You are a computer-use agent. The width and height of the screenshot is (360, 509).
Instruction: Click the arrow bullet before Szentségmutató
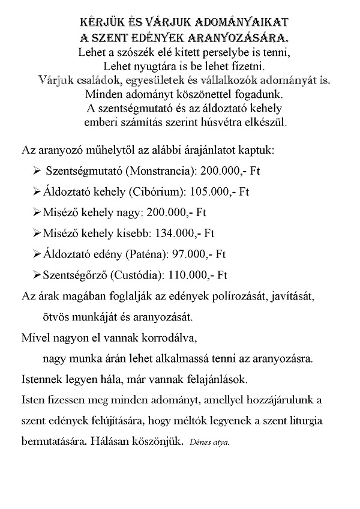(x=37, y=171)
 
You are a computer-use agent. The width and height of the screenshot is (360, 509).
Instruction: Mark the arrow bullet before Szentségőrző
(x=37, y=276)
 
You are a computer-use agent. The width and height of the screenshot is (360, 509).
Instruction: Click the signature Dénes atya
(x=209, y=444)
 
